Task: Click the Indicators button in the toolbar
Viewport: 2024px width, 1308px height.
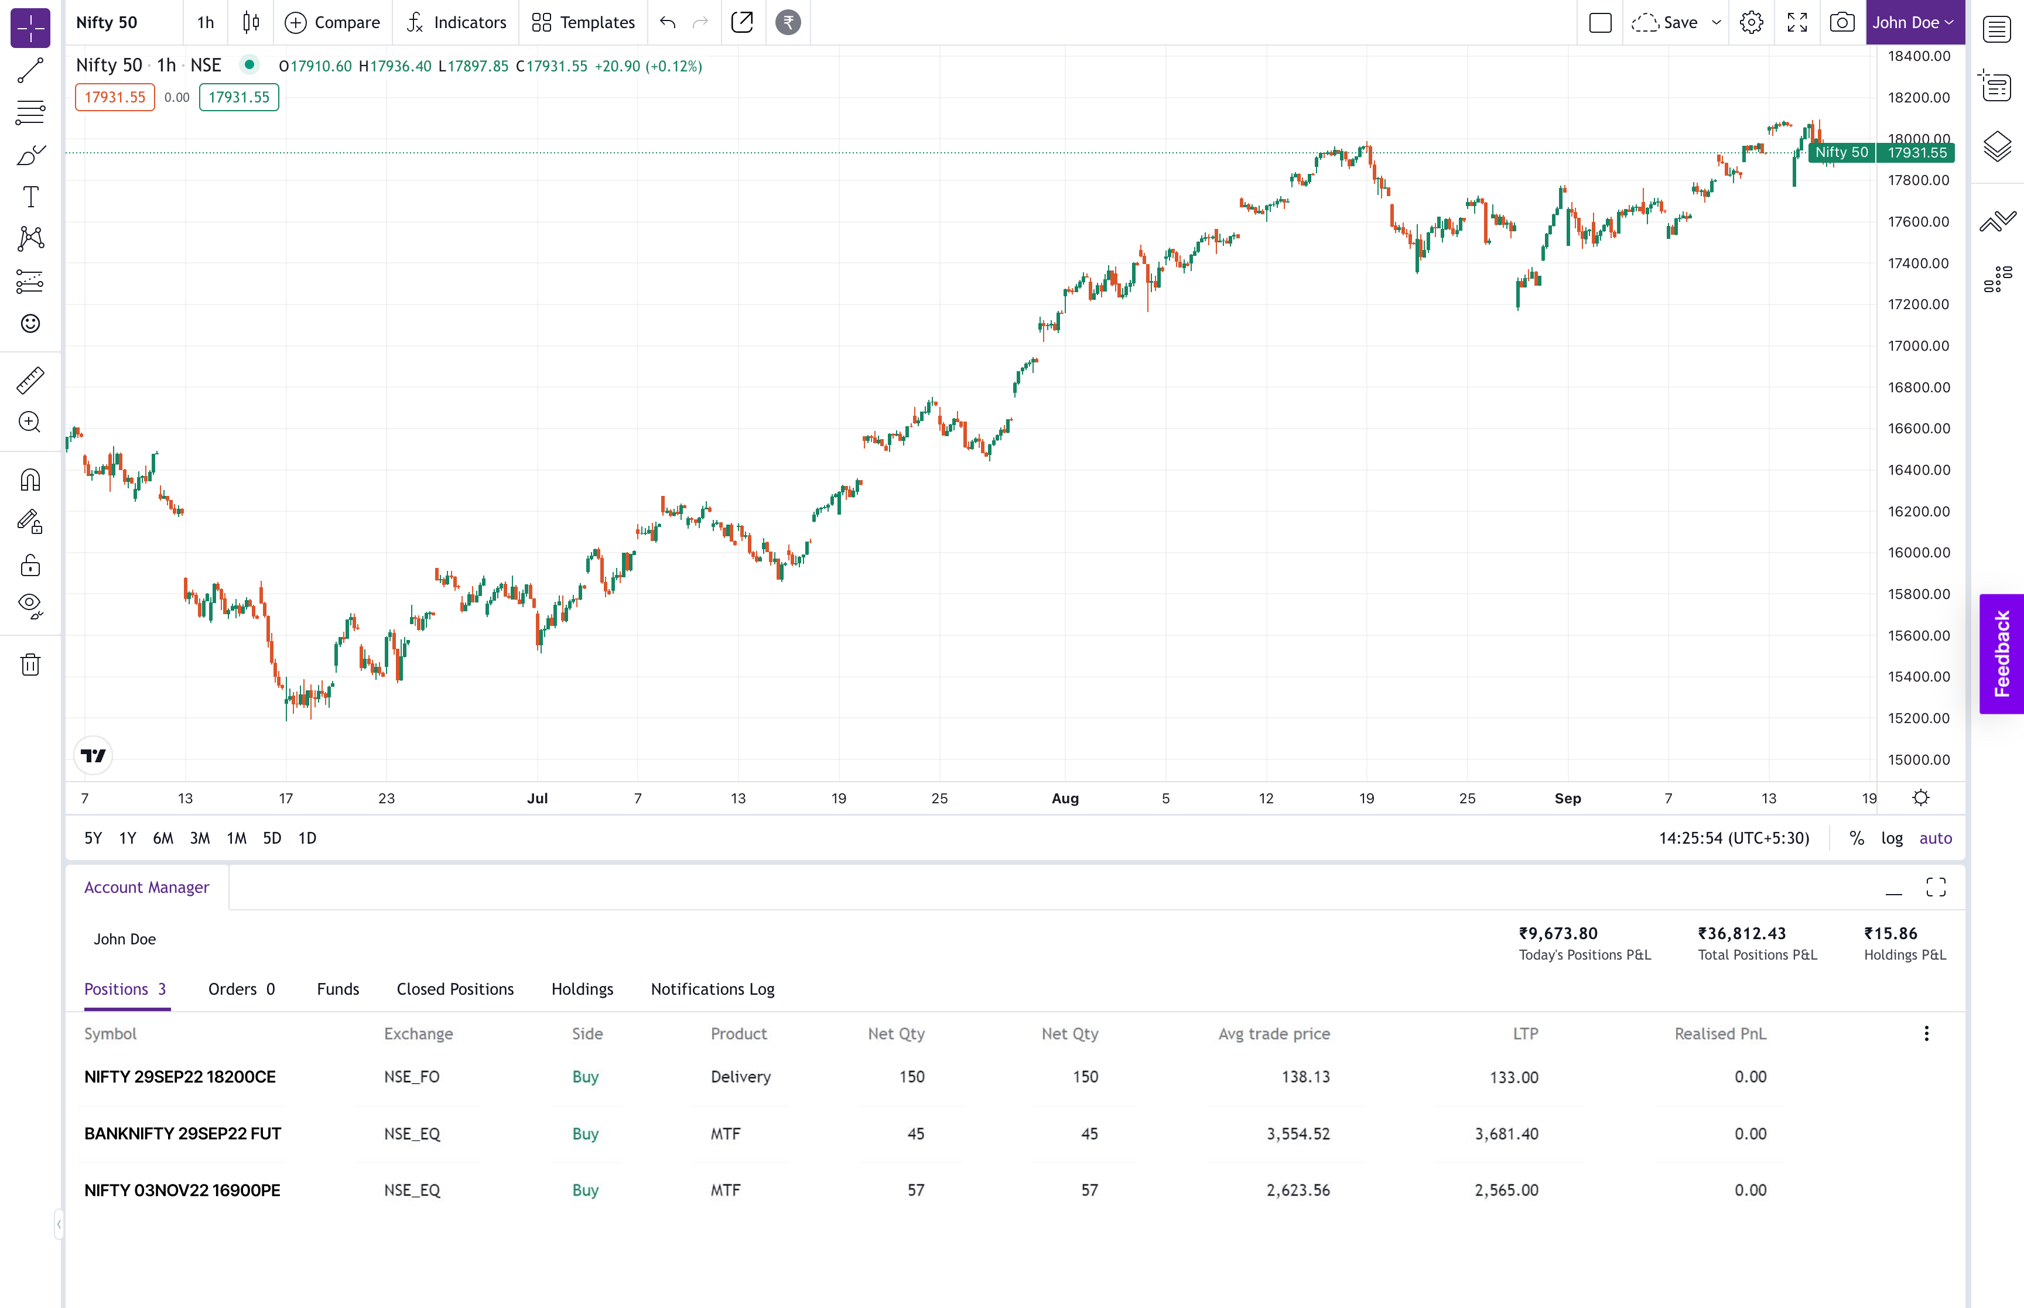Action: (456, 23)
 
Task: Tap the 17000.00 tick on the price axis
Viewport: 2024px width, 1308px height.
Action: (1918, 345)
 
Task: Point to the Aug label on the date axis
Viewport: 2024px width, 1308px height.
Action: (1065, 799)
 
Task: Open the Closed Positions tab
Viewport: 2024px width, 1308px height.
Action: (455, 989)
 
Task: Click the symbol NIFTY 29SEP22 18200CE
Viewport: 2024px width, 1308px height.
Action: (180, 1077)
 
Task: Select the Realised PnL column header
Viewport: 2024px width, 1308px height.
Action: (1720, 1033)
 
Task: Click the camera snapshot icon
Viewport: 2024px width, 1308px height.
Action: (1841, 23)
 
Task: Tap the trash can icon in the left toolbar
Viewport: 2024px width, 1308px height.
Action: (30, 664)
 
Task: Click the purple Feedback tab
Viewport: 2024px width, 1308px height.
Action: (2002, 654)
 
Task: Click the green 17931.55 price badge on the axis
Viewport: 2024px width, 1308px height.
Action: (1917, 153)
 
